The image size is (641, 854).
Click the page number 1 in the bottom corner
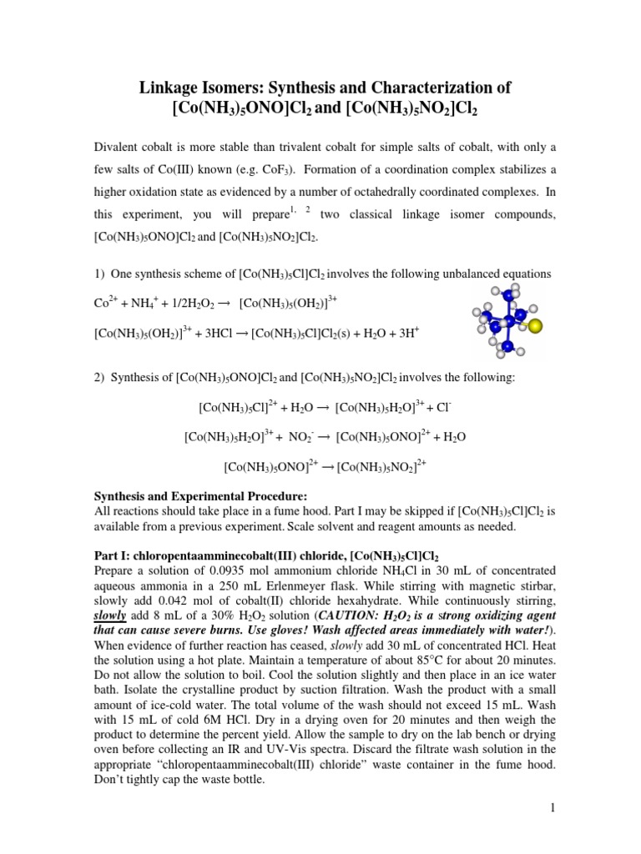click(x=552, y=808)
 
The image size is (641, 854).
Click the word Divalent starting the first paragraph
click(x=117, y=146)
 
